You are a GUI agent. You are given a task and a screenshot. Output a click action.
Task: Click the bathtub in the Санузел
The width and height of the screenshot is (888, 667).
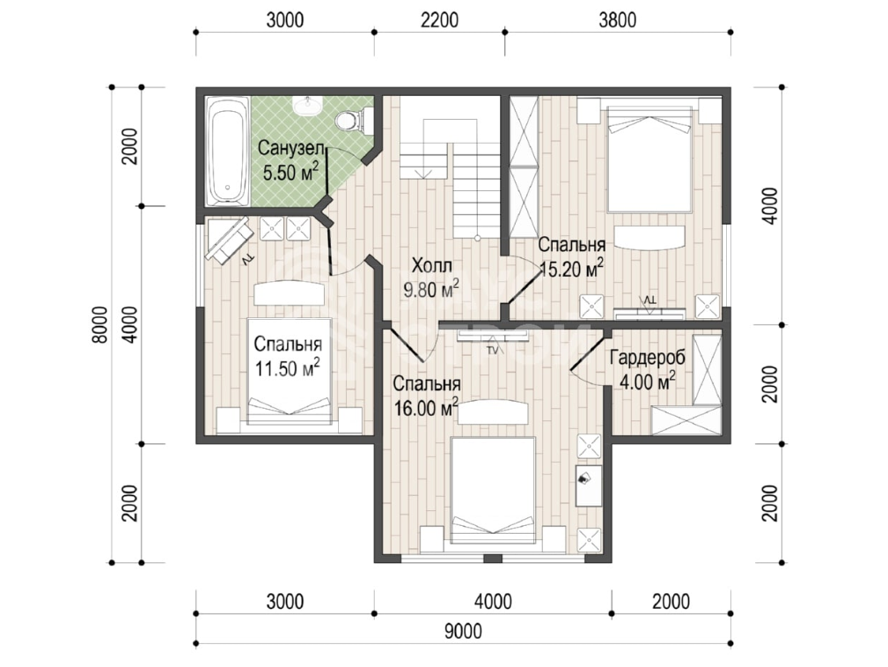click(228, 152)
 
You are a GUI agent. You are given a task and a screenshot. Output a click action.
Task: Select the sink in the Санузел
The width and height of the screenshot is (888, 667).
click(307, 105)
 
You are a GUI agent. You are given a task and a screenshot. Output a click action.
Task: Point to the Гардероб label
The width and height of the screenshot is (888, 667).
click(648, 358)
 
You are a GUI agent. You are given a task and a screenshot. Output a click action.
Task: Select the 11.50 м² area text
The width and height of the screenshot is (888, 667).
click(288, 368)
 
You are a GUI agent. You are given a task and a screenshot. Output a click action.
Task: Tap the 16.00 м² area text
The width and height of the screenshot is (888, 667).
click(426, 408)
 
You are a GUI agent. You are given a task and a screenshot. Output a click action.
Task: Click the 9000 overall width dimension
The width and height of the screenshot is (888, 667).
click(463, 631)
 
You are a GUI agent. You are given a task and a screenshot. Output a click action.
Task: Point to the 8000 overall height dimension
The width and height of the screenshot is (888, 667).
click(99, 325)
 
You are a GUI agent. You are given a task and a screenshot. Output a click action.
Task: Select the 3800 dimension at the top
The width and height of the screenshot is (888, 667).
click(617, 20)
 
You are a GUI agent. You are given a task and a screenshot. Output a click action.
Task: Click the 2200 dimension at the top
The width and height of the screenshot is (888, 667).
click(439, 20)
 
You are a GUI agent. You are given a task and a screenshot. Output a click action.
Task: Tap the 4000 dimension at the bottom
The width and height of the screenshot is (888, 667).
click(493, 601)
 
